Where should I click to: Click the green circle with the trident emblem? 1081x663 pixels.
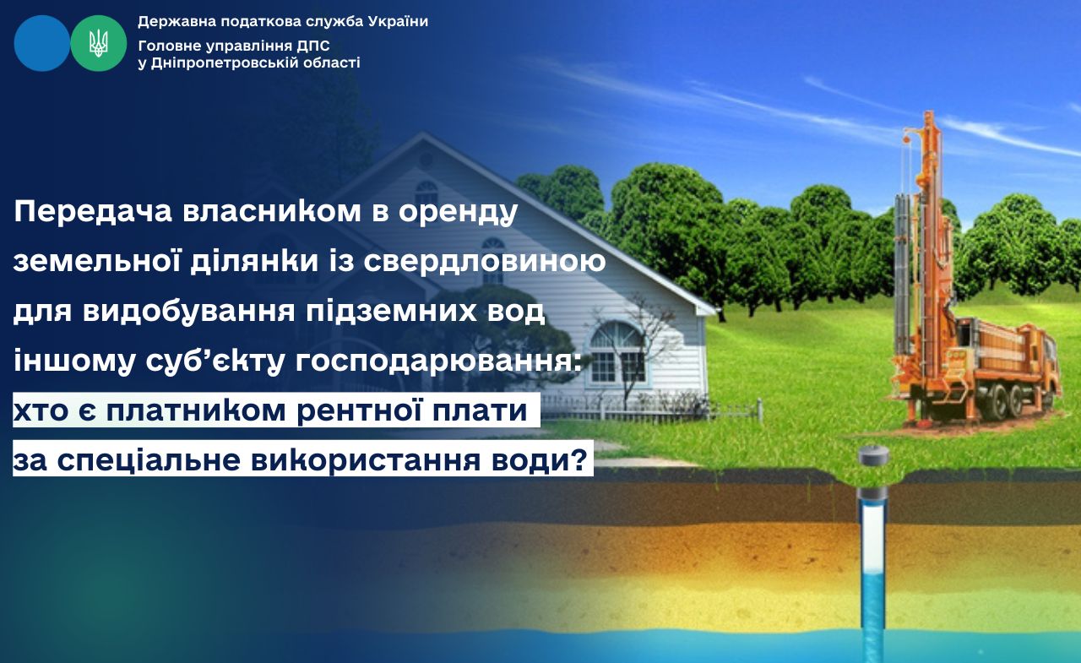click(x=99, y=43)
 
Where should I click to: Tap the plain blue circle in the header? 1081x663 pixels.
click(x=42, y=43)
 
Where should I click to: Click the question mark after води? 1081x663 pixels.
click(x=579, y=459)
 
